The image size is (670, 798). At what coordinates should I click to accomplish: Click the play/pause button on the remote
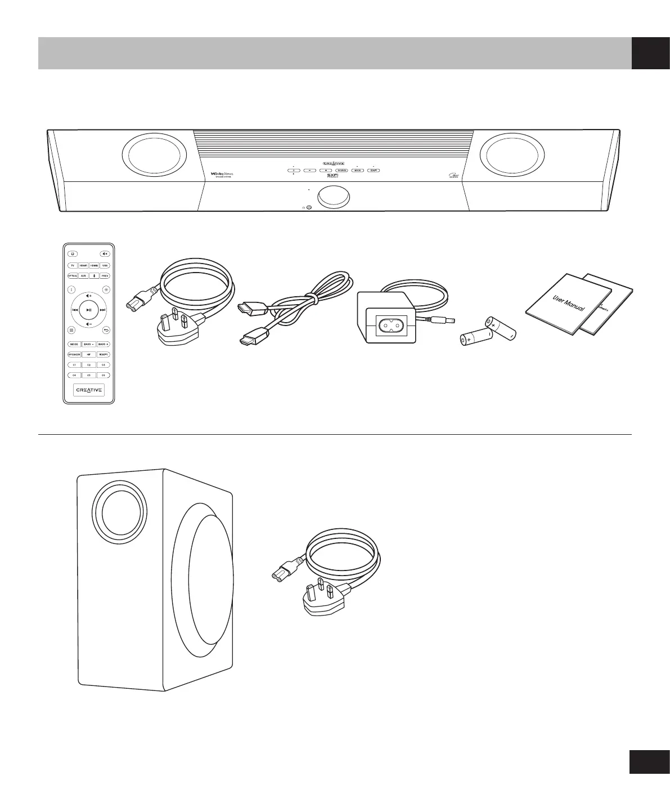(x=89, y=309)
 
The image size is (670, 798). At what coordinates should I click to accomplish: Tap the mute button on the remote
(x=105, y=253)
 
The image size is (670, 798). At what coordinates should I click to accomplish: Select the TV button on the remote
(x=73, y=265)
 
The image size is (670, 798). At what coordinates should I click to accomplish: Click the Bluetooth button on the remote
(x=94, y=276)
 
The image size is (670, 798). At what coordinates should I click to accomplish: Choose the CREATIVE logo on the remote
(x=89, y=390)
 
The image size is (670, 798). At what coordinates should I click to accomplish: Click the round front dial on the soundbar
(x=334, y=197)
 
